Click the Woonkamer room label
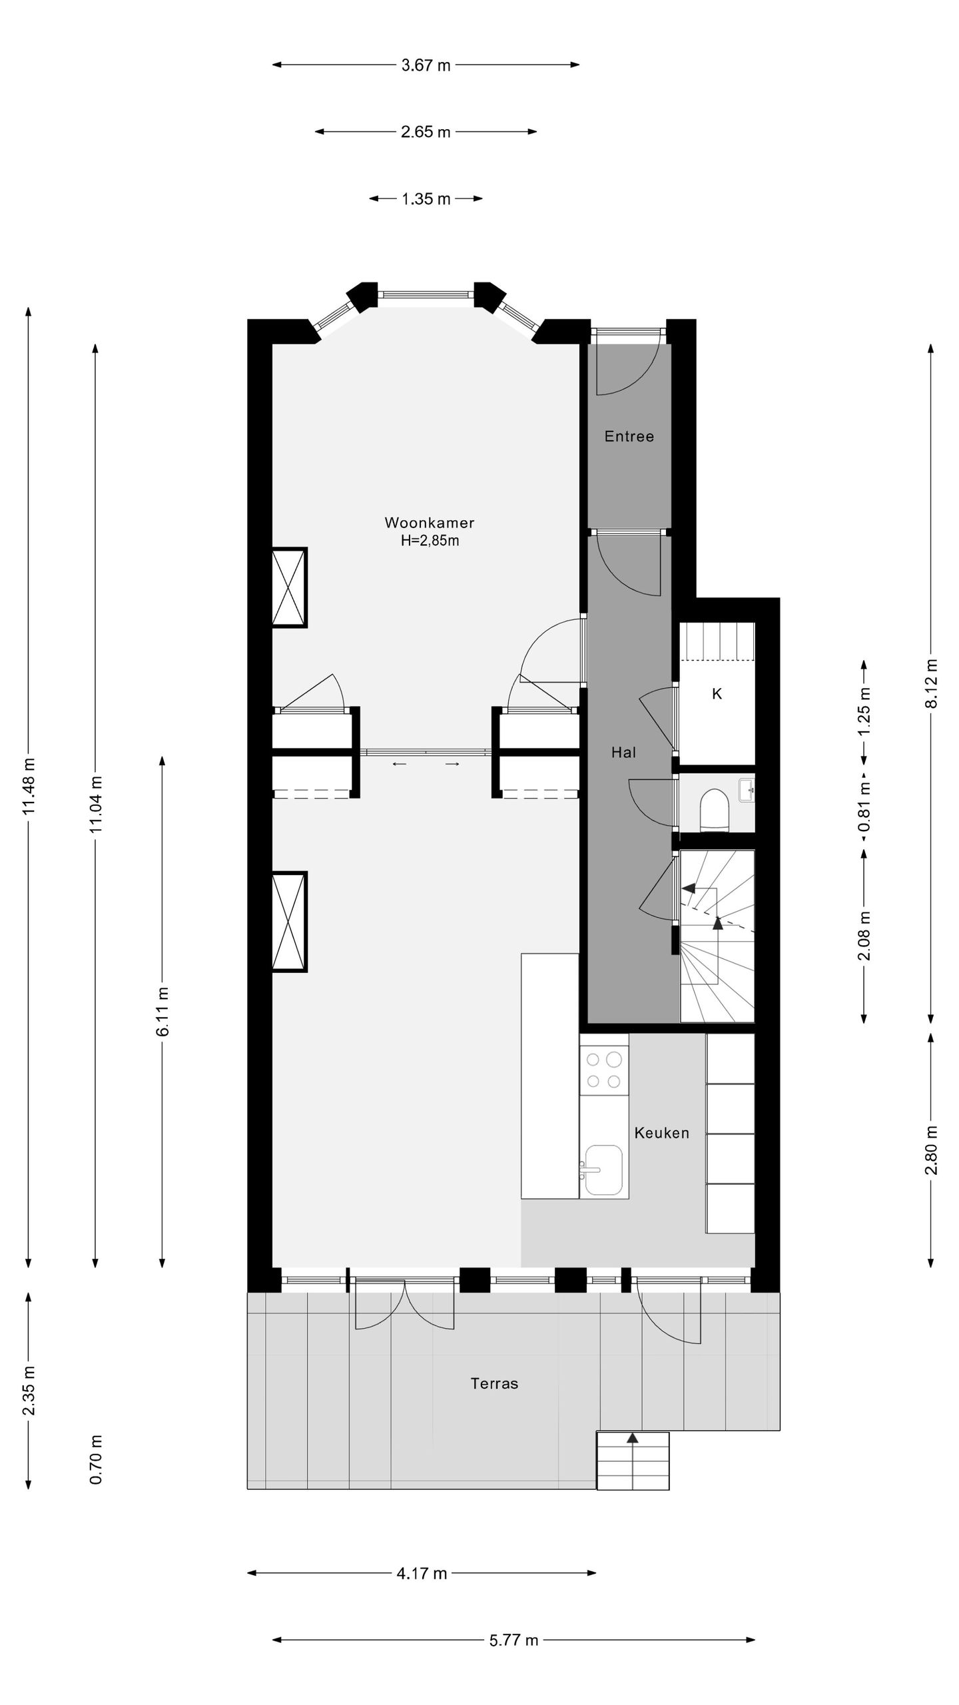pyautogui.click(x=429, y=523)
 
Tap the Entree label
pyautogui.click(x=629, y=436)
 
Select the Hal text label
pyautogui.click(x=623, y=752)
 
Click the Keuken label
pyautogui.click(x=661, y=1133)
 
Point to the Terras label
pyautogui.click(x=494, y=1383)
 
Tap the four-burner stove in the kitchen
pyautogui.click(x=604, y=1070)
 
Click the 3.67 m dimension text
pyautogui.click(x=426, y=65)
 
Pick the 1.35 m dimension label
pyautogui.click(x=426, y=199)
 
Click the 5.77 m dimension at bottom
pyautogui.click(x=513, y=1654)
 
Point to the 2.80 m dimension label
pyautogui.click(x=932, y=1150)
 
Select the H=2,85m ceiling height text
pyautogui.click(x=430, y=541)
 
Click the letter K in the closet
pyautogui.click(x=717, y=694)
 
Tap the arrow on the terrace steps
pyautogui.click(x=633, y=1457)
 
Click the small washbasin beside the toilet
pyautogui.click(x=747, y=791)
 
